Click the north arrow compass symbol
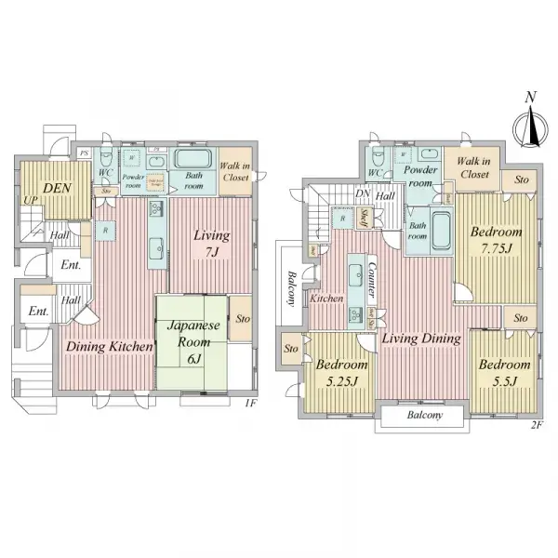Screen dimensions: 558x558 pyautogui.click(x=530, y=124)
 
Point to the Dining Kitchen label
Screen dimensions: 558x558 pyautogui.click(x=109, y=346)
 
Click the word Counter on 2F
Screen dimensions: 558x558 pyautogui.click(x=371, y=279)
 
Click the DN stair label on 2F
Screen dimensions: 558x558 pyautogui.click(x=363, y=194)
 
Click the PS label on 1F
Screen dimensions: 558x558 pyautogui.click(x=85, y=153)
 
